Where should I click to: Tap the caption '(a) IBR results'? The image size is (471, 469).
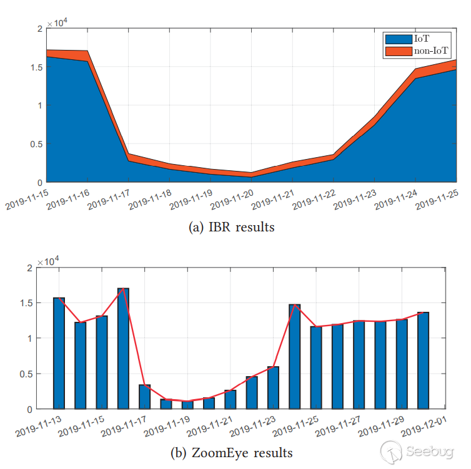[231, 227]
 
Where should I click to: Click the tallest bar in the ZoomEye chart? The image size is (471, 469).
[123, 349]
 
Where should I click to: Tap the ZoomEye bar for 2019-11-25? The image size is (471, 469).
[316, 367]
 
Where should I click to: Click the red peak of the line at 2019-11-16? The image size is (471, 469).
[123, 288]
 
